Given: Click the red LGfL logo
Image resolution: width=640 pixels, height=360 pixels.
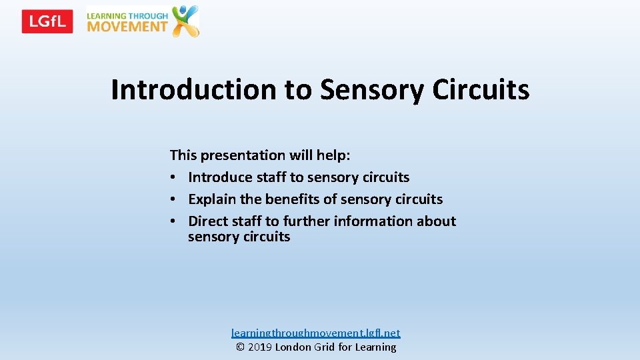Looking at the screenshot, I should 47,21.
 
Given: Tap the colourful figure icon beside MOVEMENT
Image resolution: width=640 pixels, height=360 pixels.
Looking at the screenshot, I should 185,21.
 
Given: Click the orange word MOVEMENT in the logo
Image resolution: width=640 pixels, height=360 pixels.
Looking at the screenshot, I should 127,27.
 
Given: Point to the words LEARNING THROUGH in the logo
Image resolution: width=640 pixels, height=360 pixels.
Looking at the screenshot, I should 127,15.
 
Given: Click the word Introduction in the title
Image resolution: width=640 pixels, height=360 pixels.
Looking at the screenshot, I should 193,89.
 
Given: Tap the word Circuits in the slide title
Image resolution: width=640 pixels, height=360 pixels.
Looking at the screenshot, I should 481,89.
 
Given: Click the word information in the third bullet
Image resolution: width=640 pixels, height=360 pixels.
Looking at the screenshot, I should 377,221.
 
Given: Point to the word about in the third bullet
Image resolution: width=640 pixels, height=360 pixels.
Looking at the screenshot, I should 437,221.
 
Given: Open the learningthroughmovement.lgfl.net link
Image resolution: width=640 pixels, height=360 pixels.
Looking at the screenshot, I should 316,333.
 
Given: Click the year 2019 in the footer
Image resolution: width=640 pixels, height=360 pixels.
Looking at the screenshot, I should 261,347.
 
